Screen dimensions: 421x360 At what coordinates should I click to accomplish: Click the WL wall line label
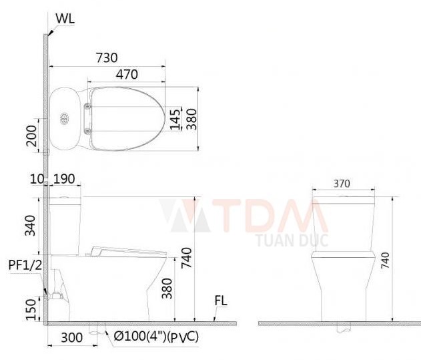tap(65, 19)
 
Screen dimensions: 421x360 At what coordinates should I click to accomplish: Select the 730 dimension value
tap(107, 58)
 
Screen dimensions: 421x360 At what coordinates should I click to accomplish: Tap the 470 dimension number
tap(127, 74)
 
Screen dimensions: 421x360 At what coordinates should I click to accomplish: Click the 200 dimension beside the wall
tap(31, 136)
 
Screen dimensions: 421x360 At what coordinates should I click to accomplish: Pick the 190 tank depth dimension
tap(64, 179)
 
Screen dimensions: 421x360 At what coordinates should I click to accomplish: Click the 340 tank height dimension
tap(30, 225)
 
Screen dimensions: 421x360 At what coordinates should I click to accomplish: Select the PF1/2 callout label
tap(25, 265)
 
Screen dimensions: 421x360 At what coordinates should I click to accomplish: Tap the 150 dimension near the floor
tap(31, 310)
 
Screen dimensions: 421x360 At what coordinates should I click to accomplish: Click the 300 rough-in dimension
tap(71, 338)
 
